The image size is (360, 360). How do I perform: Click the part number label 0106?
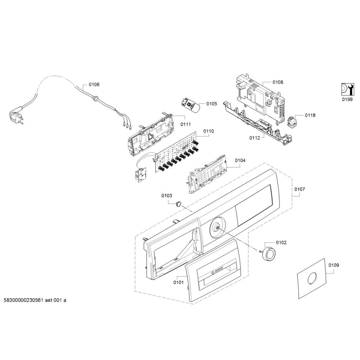point(94,84)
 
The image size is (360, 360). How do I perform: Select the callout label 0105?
point(212,104)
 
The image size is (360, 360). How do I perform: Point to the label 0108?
point(278,82)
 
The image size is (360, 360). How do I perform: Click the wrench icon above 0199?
point(347,90)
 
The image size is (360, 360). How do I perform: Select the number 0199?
point(347,99)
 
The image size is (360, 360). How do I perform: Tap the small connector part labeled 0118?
point(291,122)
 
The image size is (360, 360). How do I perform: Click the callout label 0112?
point(255,138)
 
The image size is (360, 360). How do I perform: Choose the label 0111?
point(186,124)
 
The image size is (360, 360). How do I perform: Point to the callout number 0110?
point(208,131)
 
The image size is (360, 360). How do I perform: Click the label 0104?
point(240,160)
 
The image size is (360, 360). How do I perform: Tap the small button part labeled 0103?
point(179,203)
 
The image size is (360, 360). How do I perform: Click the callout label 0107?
point(300,189)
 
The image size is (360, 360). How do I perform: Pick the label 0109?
point(334,265)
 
